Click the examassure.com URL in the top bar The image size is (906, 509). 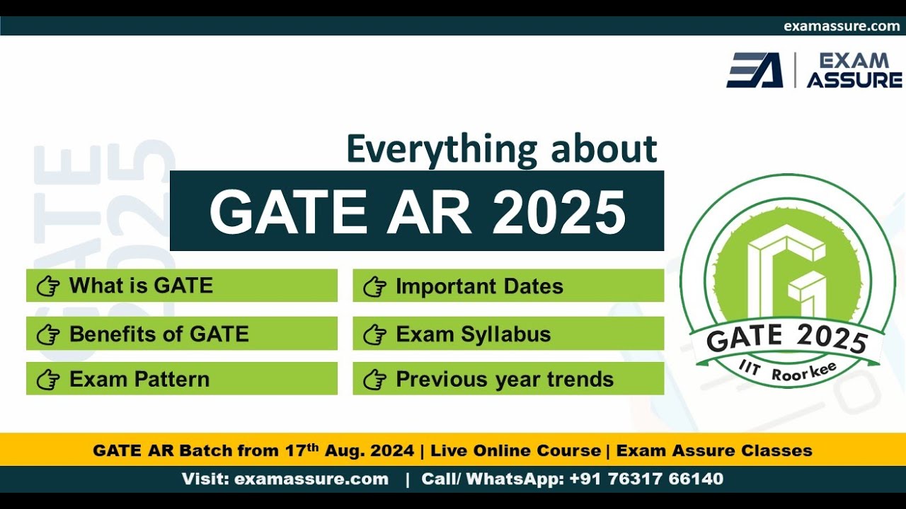point(842,26)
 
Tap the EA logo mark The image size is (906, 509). point(755,70)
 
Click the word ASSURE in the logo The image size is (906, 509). point(854,80)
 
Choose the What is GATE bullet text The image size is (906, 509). point(141,286)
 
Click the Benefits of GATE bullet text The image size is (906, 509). point(159,334)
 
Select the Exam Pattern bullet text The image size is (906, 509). point(139,379)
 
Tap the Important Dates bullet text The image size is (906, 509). point(479,286)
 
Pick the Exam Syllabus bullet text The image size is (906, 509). point(473,334)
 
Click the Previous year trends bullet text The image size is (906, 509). point(505,379)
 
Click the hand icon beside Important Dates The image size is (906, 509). point(374,287)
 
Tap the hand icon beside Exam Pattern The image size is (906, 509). point(48,380)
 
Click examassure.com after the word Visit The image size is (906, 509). point(311,479)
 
